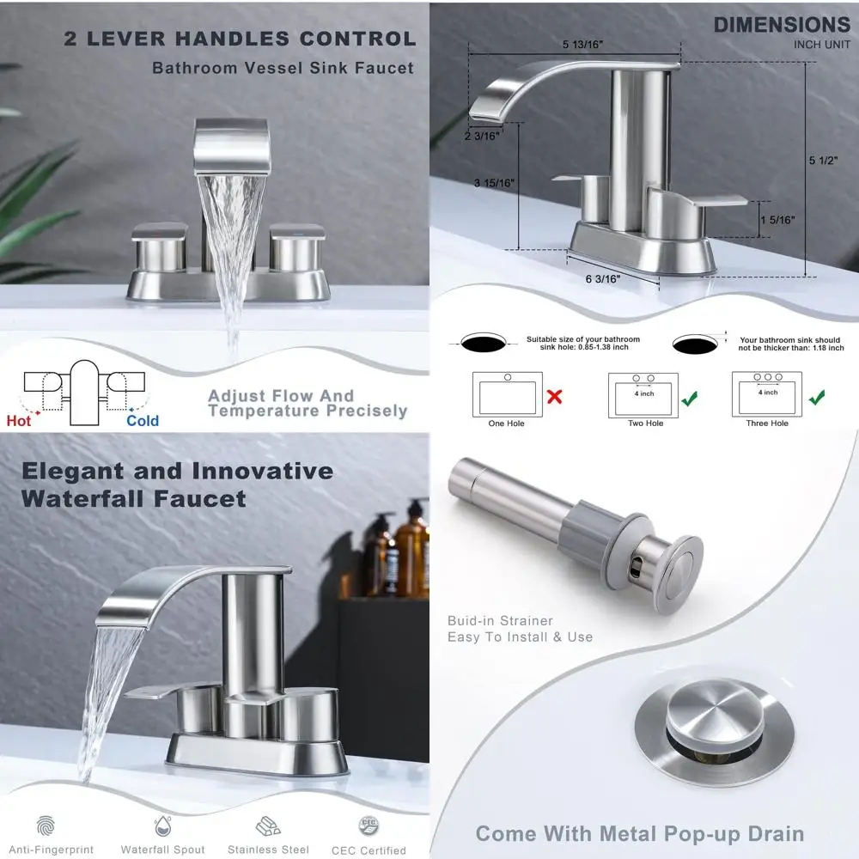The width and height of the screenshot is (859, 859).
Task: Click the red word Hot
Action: [x=19, y=420]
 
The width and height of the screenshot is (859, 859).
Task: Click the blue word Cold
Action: [x=143, y=420]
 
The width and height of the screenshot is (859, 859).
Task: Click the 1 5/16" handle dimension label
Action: [x=777, y=220]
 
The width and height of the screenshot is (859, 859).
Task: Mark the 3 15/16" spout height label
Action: [x=493, y=182]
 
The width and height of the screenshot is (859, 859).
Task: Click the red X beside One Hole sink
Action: [x=555, y=397]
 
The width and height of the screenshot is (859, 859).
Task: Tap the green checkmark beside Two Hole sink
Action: [x=689, y=398]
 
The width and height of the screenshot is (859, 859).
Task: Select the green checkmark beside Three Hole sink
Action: [x=817, y=397]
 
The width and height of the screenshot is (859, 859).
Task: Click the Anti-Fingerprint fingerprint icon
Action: [x=46, y=826]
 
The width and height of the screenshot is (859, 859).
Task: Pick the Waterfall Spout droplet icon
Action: [x=162, y=826]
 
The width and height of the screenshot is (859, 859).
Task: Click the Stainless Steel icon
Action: [x=268, y=826]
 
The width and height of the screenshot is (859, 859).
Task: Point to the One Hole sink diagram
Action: [x=508, y=394]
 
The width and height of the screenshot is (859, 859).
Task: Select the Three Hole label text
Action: [x=767, y=423]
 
